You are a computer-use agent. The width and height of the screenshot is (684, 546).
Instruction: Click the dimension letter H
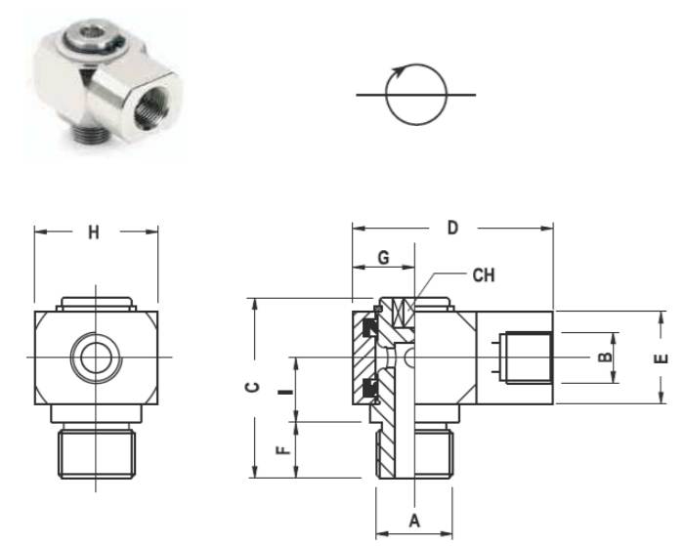[94, 232]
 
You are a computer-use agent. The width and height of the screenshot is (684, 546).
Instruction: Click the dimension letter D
[452, 228]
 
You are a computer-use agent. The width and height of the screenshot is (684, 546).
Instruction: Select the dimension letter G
[383, 257]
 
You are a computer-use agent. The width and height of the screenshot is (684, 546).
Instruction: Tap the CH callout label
[484, 275]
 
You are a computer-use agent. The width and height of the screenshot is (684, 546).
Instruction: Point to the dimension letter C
[252, 387]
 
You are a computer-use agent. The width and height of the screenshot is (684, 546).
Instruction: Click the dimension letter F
[283, 449]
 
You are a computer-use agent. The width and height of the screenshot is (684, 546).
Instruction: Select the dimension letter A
[414, 521]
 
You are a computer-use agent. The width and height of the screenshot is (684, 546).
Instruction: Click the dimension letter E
[661, 358]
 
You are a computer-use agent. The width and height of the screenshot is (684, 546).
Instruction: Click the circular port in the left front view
[96, 357]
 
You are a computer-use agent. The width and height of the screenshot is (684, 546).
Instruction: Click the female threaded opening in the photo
[150, 110]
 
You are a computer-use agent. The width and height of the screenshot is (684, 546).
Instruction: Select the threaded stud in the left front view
[96, 453]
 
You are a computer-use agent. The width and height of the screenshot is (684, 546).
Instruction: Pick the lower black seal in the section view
[370, 387]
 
